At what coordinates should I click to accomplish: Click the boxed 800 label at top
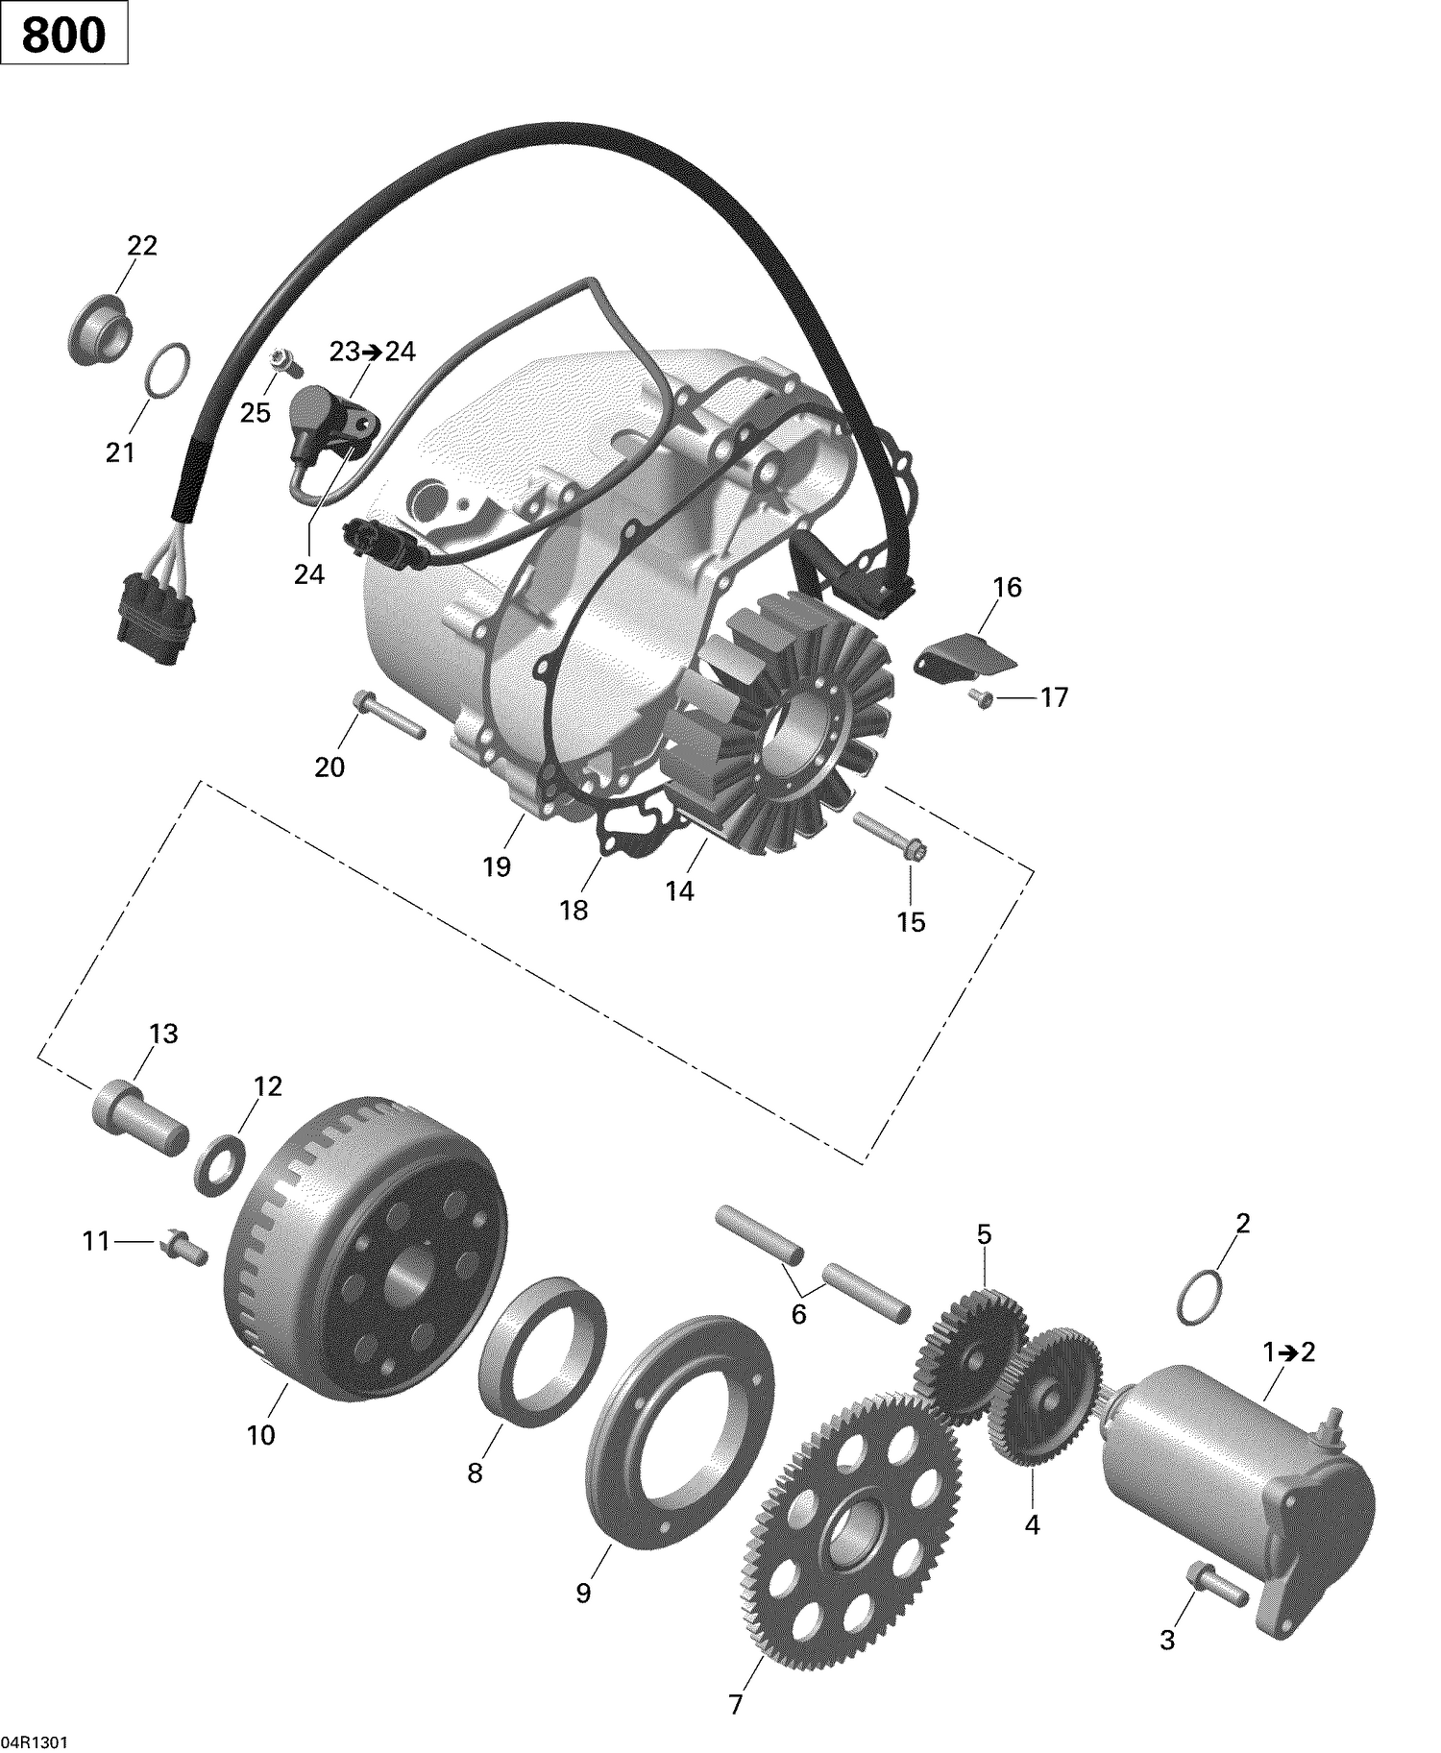coord(63,36)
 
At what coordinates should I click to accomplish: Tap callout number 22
coord(142,246)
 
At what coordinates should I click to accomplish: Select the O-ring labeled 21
coord(168,369)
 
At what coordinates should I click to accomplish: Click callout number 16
coord(1007,587)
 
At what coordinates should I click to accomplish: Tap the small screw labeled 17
coord(981,698)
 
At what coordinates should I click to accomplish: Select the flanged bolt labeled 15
coord(890,836)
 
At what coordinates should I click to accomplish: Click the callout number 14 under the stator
coord(679,891)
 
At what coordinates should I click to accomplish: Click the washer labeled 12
coord(220,1164)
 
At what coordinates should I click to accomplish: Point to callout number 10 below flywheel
coord(260,1435)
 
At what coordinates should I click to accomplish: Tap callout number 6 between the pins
coord(798,1314)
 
